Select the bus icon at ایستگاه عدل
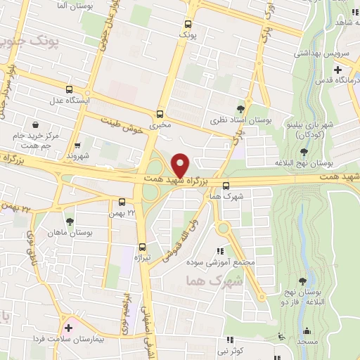69,89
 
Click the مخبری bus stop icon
160,114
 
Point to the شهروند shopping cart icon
77,144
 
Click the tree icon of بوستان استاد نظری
241,108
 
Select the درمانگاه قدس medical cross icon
339,70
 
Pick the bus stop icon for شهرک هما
226,186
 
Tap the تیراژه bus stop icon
143,247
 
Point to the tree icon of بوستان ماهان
69,221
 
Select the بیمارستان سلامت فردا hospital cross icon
68,327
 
